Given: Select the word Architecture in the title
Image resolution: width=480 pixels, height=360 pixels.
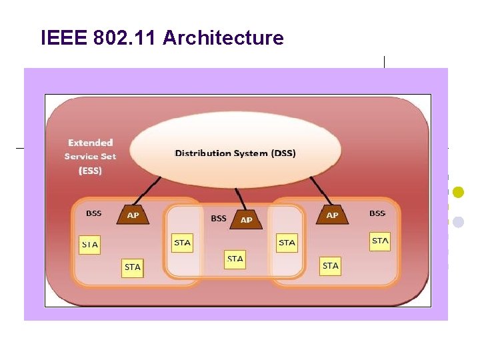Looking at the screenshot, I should click(223, 38).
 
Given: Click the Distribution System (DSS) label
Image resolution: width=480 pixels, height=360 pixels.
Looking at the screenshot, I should click(235, 153).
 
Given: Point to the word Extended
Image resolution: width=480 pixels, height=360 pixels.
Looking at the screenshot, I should click(91, 143).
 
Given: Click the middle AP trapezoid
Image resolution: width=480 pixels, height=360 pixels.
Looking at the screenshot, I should click(246, 219).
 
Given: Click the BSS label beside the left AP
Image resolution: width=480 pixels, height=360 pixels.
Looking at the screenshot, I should click(94, 213).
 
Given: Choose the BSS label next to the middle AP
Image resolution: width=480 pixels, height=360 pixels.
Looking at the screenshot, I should click(219, 218).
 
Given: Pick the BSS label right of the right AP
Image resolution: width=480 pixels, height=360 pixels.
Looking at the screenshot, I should click(377, 213).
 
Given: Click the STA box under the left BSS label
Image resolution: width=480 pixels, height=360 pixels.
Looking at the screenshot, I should click(90, 245).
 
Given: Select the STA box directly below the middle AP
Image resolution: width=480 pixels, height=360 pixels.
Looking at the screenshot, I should click(235, 259).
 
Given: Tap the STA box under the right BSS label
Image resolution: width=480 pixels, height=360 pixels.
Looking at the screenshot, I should click(380, 241).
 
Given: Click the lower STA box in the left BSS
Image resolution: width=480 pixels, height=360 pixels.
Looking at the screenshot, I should click(133, 267).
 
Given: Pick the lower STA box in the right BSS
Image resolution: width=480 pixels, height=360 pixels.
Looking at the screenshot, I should click(331, 266).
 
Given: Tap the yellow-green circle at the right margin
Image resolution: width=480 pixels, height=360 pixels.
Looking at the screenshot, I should click(458, 192).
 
